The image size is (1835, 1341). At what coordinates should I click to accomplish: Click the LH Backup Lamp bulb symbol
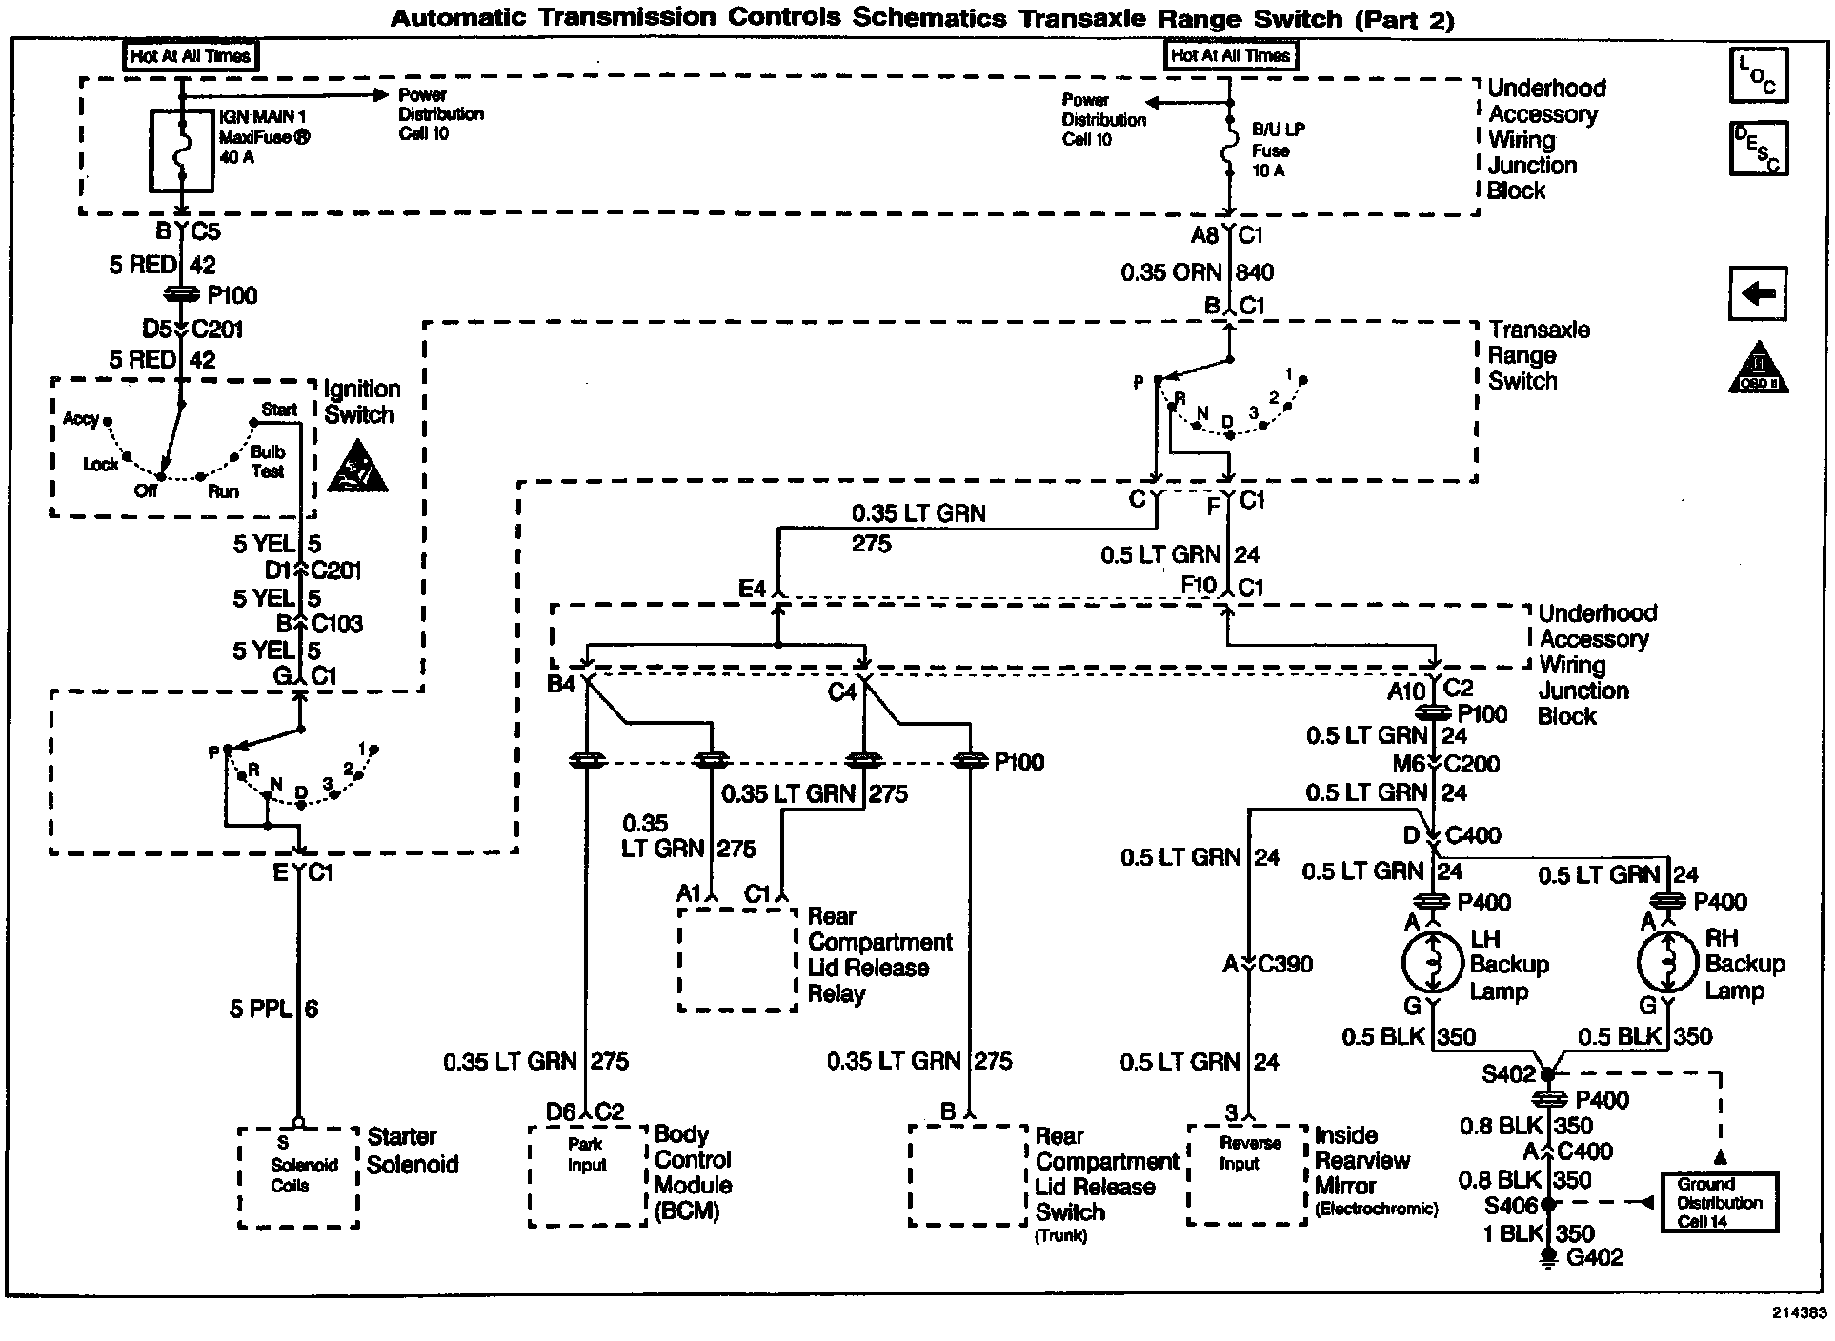(1432, 963)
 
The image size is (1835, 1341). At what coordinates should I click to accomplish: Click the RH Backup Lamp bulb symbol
(1668, 963)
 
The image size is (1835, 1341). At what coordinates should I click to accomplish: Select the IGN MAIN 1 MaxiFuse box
(181, 150)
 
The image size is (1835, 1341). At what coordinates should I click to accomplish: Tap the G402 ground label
(1595, 1257)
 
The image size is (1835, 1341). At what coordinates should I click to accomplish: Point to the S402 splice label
(1509, 1074)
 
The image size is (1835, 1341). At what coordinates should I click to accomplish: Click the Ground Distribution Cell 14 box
(1719, 1203)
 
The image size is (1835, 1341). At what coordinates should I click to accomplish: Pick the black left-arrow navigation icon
(1758, 293)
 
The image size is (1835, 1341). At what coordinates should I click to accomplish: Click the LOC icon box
(1758, 74)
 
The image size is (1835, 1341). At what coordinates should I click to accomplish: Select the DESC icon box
(1758, 149)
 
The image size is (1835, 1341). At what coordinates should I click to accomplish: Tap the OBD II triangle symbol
(1758, 369)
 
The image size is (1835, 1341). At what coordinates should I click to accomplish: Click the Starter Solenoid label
(413, 1151)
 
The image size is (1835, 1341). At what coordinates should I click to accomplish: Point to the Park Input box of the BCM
(588, 1175)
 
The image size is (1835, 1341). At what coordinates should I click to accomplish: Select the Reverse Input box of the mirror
(1246, 1174)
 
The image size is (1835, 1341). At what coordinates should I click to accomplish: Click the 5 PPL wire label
(273, 1009)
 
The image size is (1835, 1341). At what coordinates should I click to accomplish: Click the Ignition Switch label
(361, 402)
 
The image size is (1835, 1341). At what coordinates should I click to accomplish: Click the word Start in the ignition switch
(279, 410)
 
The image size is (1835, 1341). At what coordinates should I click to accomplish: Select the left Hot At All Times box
(191, 56)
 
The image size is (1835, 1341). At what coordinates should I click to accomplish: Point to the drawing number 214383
(1799, 1312)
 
